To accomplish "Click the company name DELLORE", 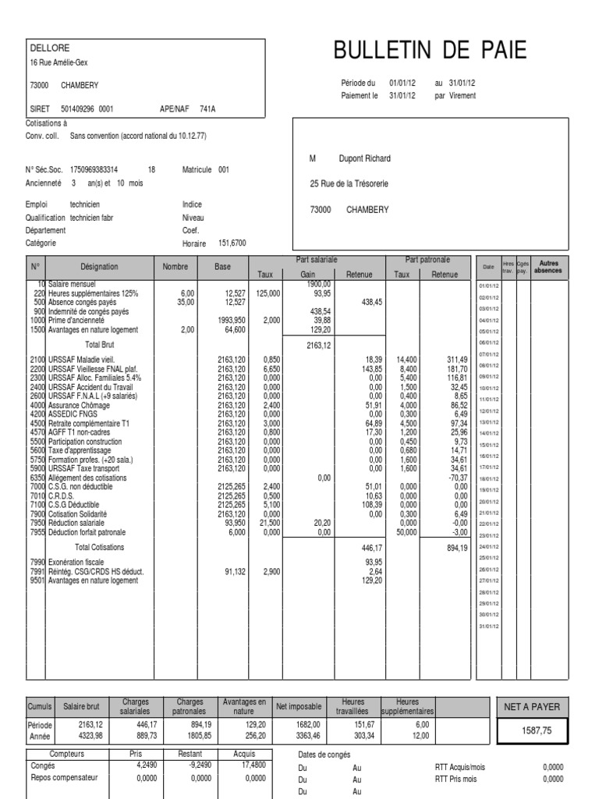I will coord(44,48).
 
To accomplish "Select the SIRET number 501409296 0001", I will coord(87,109).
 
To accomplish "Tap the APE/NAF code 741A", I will coord(207,109).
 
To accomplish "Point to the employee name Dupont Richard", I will coord(364,158).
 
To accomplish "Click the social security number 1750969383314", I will coord(94,169).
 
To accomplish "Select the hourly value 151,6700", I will coord(232,243).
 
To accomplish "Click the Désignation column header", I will coord(100,266).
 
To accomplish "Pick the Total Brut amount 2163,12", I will coord(317,344).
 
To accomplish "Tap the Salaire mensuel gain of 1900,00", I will coord(318,285).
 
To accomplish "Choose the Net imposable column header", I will coord(298,706).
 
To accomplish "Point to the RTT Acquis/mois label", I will coord(459,767).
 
